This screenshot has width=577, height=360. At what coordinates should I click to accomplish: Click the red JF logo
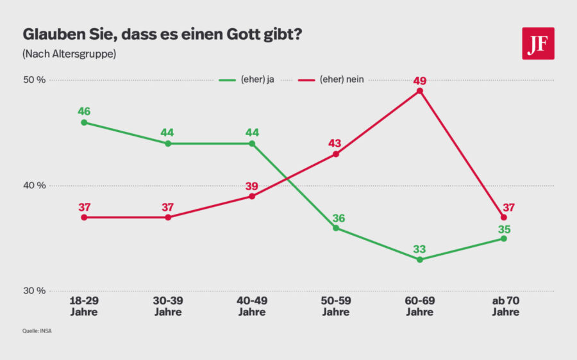pyautogui.click(x=537, y=44)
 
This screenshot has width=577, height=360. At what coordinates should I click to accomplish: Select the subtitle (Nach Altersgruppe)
pyautogui.click(x=69, y=54)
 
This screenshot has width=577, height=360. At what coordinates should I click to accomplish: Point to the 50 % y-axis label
pyautogui.click(x=35, y=80)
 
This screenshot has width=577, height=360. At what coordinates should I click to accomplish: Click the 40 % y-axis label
pyautogui.click(x=35, y=186)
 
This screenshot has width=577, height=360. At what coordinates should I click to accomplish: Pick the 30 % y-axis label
pyautogui.click(x=35, y=291)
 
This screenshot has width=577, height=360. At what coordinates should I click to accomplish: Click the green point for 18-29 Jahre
pyautogui.click(x=84, y=122)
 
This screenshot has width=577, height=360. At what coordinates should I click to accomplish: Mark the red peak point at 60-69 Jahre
pyautogui.click(x=420, y=91)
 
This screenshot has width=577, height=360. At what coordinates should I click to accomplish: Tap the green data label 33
pyautogui.click(x=420, y=249)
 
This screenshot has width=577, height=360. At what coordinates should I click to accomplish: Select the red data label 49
pyautogui.click(x=420, y=80)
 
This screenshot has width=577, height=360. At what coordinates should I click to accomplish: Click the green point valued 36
pyautogui.click(x=336, y=228)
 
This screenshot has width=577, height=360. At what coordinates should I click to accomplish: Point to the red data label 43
pyautogui.click(x=336, y=143)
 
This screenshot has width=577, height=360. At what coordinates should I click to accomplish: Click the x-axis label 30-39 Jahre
pyautogui.click(x=168, y=306)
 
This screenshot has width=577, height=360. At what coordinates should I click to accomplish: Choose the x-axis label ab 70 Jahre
pyautogui.click(x=505, y=306)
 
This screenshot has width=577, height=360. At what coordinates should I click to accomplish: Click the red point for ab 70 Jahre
pyautogui.click(x=504, y=217)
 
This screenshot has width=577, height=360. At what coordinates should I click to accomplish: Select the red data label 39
pyautogui.click(x=252, y=186)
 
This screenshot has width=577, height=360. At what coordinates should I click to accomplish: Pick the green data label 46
pyautogui.click(x=84, y=111)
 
